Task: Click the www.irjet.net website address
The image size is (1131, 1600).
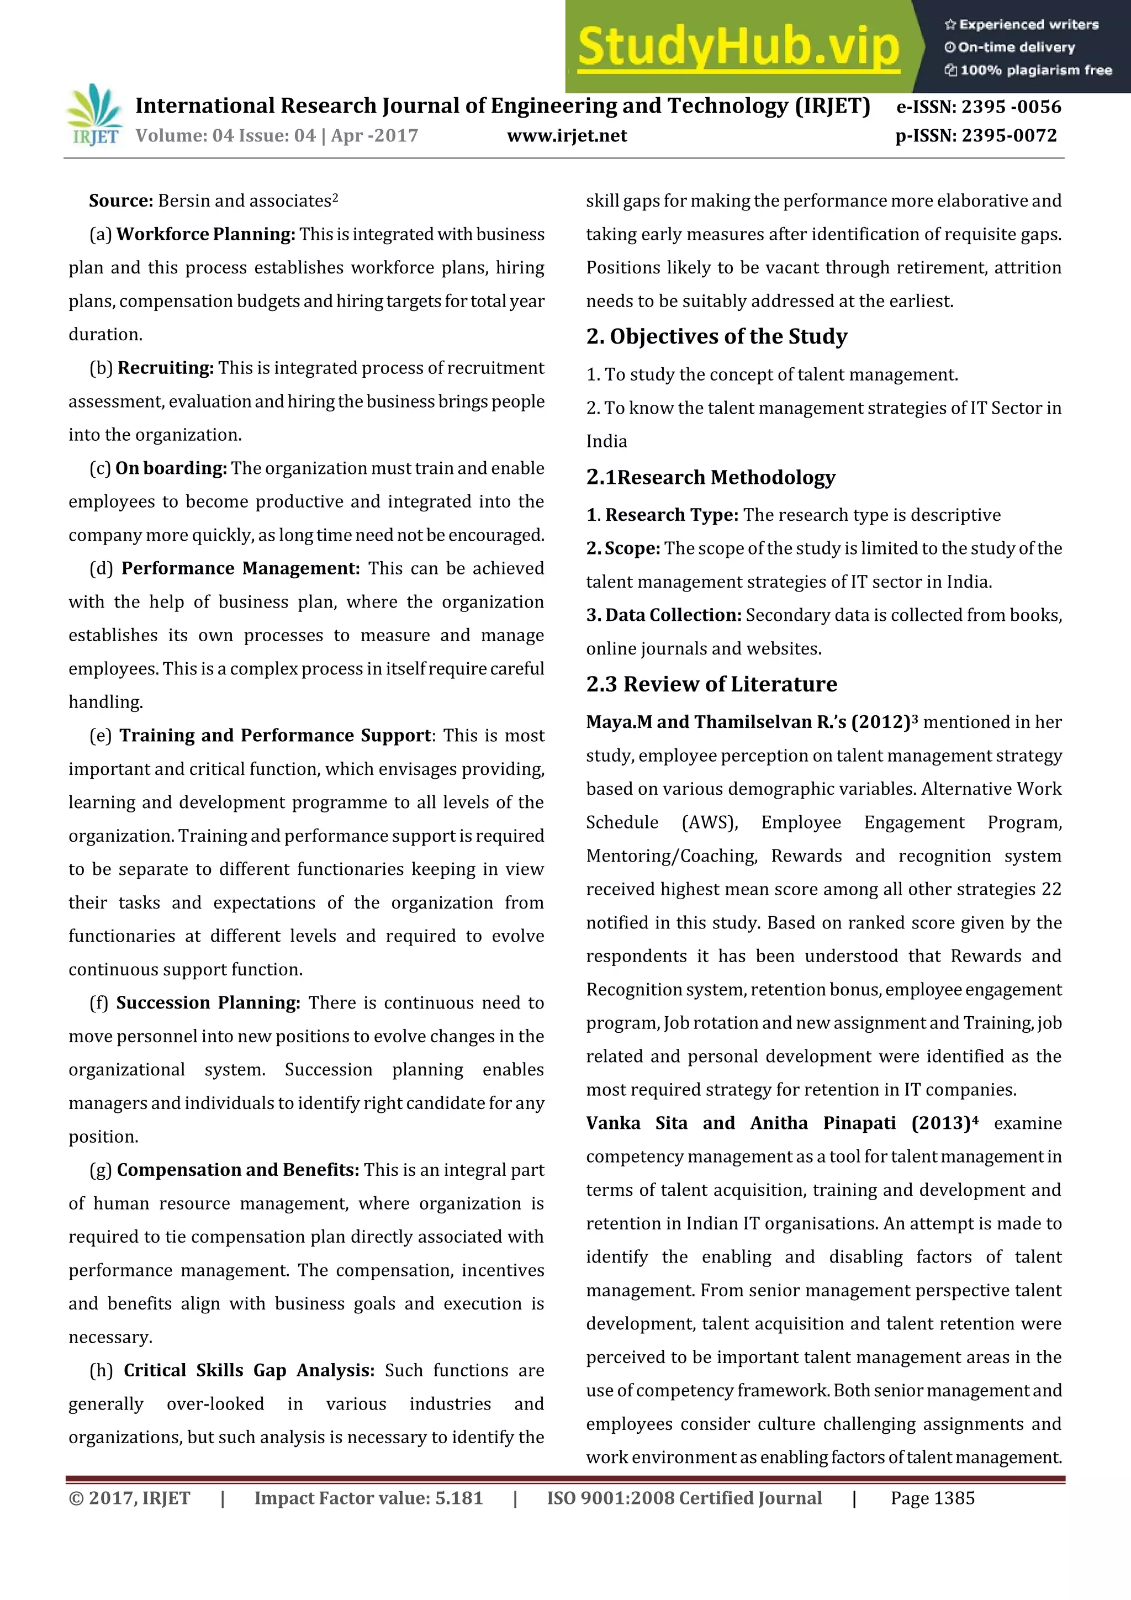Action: point(567,136)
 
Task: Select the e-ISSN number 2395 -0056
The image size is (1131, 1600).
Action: point(1011,107)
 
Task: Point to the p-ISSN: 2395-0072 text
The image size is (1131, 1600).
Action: point(976,136)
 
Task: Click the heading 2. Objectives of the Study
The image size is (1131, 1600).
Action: point(716,336)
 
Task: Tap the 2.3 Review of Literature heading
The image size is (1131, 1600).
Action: point(711,684)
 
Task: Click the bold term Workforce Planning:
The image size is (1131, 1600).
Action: point(205,234)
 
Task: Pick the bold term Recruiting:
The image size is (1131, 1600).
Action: point(165,368)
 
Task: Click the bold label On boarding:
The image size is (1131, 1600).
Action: point(171,468)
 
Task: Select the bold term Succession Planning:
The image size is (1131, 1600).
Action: point(208,1003)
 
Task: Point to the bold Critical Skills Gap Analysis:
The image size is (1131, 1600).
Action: point(249,1371)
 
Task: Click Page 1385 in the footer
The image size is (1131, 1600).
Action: point(932,1498)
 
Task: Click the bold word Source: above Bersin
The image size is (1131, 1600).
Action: point(120,200)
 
